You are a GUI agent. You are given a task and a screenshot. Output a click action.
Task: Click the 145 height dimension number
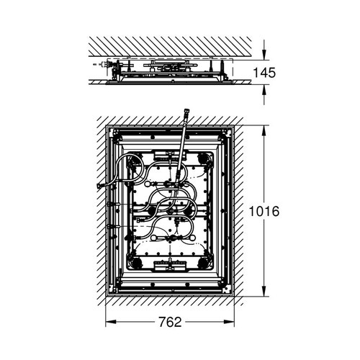coord(265,73)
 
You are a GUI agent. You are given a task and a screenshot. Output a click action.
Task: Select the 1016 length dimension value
coord(264,211)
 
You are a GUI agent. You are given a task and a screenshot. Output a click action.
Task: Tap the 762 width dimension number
coord(170,322)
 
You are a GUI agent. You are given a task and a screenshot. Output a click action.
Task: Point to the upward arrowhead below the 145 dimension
coord(264,90)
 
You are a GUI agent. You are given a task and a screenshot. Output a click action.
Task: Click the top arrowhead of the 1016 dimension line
coord(264,131)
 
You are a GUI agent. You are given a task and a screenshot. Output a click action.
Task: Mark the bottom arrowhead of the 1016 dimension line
coord(264,290)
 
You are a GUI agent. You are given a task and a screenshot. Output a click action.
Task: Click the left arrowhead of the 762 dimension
coord(111,322)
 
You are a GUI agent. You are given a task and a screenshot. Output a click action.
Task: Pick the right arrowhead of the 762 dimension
coord(228,322)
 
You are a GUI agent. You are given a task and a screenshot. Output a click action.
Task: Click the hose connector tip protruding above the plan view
coord(185,113)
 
